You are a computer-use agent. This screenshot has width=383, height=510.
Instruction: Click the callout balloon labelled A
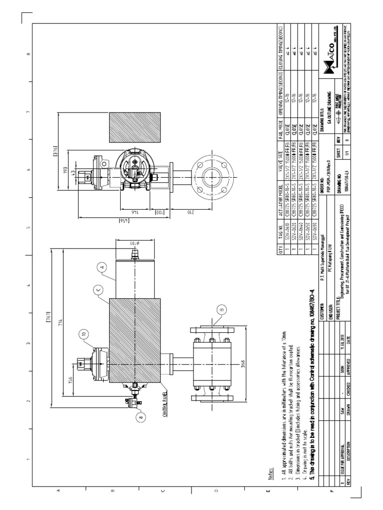[x=102, y=267]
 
